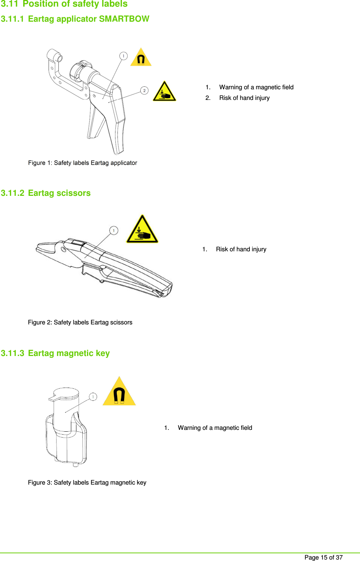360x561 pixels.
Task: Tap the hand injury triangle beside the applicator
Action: (164, 92)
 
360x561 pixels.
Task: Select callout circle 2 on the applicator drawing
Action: (144, 90)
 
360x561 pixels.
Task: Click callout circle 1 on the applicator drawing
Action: (123, 56)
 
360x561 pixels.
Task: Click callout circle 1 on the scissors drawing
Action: (114, 230)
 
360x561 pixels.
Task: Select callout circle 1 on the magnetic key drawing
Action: (93, 397)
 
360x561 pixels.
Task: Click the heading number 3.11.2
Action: (12, 193)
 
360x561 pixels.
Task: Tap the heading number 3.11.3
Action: (12, 353)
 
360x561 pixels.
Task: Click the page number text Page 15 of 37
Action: (323, 557)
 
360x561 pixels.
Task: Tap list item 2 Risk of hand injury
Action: (244, 98)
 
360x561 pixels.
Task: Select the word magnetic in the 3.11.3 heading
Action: (75, 353)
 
